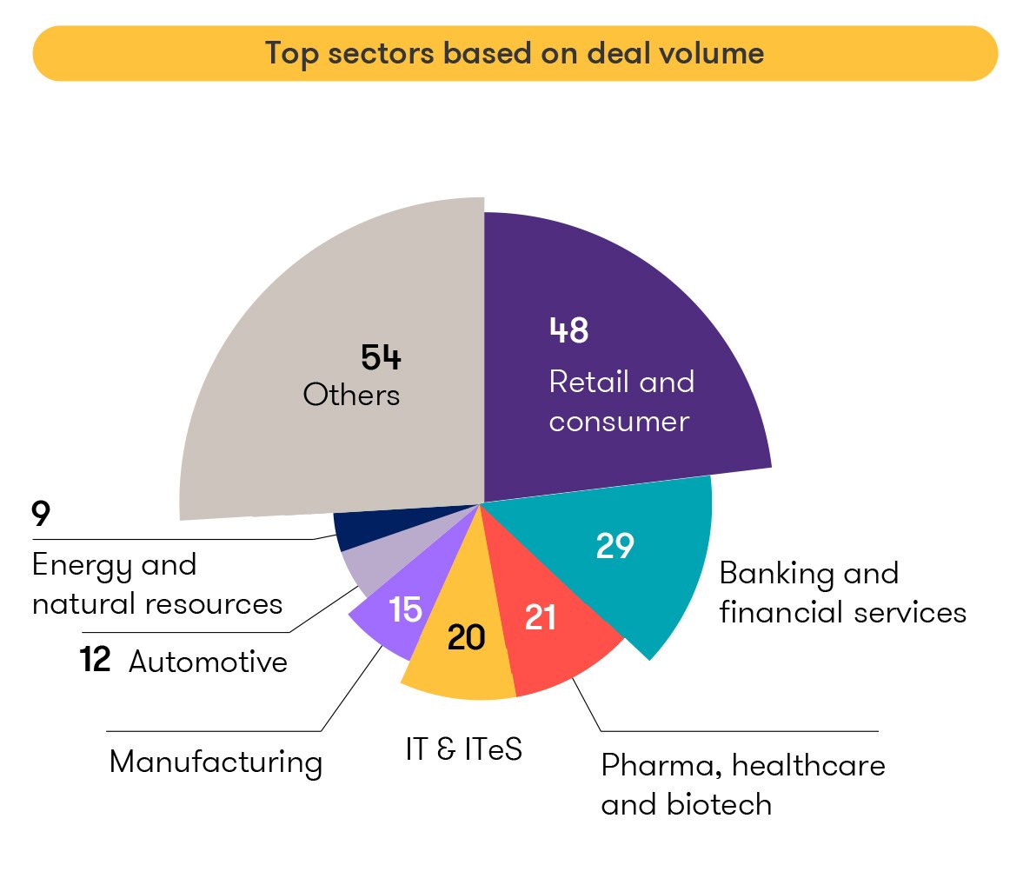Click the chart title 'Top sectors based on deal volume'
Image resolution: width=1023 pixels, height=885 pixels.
515,53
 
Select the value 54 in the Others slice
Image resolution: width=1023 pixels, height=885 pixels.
381,357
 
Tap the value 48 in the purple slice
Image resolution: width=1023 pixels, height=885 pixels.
569,330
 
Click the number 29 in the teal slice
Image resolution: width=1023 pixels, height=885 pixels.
614,546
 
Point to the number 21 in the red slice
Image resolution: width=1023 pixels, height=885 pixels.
541,617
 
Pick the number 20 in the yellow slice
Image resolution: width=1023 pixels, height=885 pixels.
466,638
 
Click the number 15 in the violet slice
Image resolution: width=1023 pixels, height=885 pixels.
405,609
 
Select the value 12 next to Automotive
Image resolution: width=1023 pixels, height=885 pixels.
95,660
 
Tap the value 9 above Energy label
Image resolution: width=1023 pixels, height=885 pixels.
41,515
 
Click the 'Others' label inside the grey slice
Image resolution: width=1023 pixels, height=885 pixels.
351,395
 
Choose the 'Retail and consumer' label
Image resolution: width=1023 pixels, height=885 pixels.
621,402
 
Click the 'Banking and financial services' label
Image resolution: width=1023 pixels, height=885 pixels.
841,593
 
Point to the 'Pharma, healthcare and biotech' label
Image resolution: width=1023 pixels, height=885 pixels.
742,785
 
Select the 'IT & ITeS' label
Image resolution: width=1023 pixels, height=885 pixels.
463,749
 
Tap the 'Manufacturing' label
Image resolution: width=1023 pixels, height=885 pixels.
216,762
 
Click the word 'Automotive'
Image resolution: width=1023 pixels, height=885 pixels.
208,662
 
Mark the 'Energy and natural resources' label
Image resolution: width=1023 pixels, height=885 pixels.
157,584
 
